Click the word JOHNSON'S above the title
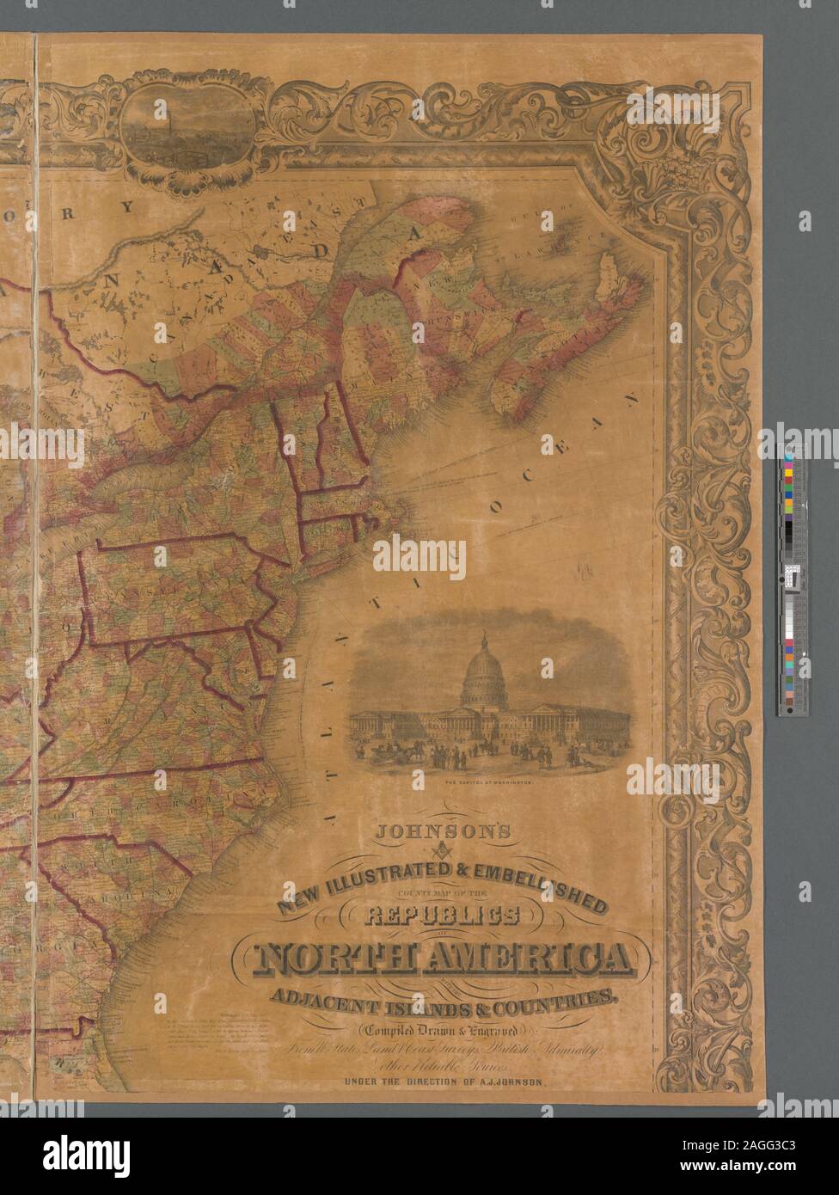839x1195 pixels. pos(440,831)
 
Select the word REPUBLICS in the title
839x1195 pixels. pos(440,916)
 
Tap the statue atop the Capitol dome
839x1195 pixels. pos(483,637)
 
